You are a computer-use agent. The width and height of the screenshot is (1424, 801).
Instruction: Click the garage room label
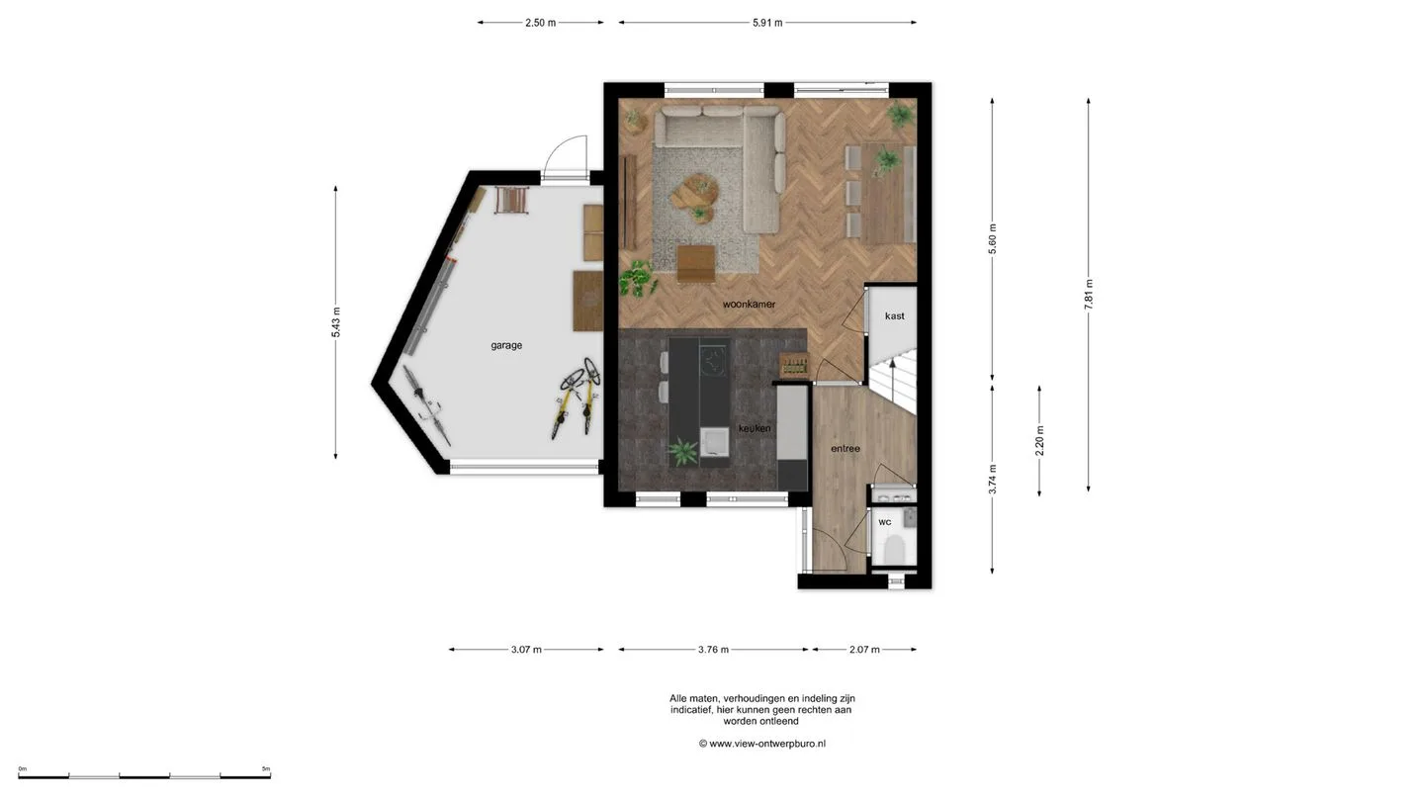click(506, 346)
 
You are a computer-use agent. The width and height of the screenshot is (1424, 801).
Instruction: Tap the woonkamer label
click(749, 305)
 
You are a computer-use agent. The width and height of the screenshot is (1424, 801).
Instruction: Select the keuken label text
click(755, 428)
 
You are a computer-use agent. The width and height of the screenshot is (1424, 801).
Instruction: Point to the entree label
click(845, 449)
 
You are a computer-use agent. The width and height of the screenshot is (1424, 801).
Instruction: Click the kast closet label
click(894, 316)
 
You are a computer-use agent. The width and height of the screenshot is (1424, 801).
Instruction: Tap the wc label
click(885, 522)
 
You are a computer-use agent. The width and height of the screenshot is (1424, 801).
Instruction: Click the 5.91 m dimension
click(768, 23)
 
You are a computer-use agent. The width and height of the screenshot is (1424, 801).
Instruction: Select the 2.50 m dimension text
click(540, 23)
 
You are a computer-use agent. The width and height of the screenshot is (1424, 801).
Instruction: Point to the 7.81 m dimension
click(1089, 295)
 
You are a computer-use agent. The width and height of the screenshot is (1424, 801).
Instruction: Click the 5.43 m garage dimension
click(335, 322)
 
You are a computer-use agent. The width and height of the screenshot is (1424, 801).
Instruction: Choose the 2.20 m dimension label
click(1040, 441)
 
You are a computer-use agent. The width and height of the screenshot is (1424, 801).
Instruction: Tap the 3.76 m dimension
click(713, 650)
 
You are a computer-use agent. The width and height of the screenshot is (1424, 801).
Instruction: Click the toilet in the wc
click(894, 549)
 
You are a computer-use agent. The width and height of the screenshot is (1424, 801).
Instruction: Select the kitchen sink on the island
click(714, 442)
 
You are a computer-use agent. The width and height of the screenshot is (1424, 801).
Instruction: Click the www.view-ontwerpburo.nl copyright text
click(762, 744)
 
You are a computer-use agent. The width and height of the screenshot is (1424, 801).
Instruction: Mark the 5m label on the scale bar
click(266, 768)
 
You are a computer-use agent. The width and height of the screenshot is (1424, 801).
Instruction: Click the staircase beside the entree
click(893, 380)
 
